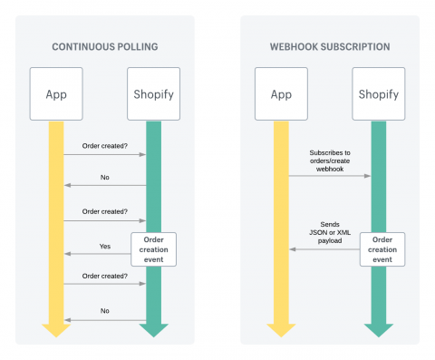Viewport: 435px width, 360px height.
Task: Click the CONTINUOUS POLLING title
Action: (104, 45)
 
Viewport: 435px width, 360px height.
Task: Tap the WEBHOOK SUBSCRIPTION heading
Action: (330, 45)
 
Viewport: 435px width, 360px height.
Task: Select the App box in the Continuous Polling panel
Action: (56, 93)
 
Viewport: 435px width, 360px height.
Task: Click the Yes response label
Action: (105, 246)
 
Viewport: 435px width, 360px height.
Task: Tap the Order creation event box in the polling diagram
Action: (152, 248)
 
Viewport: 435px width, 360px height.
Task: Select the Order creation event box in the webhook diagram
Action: (378, 248)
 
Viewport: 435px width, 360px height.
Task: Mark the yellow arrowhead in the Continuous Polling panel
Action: (56, 328)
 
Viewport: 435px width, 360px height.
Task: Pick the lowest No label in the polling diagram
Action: (105, 310)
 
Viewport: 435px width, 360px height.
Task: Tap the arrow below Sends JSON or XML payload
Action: (324, 249)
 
